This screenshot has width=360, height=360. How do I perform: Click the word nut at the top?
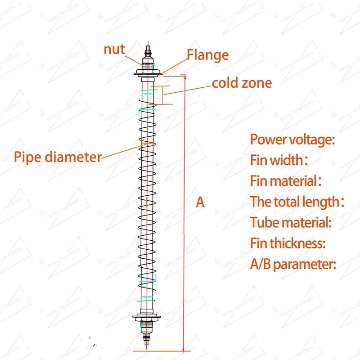114,49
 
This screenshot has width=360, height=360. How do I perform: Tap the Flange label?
208,55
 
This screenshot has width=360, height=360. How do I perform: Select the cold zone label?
242,83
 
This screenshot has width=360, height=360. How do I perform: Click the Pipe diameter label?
58,157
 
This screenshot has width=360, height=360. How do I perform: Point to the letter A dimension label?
200,202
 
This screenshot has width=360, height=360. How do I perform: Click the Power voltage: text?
292,139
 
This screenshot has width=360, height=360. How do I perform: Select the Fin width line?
279,160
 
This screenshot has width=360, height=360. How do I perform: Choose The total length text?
297,202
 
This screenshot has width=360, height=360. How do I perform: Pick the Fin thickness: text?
288,243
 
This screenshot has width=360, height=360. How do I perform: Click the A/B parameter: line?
293,264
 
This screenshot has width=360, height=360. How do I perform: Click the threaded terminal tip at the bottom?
147,340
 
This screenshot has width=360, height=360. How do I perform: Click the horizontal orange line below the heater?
162,351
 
